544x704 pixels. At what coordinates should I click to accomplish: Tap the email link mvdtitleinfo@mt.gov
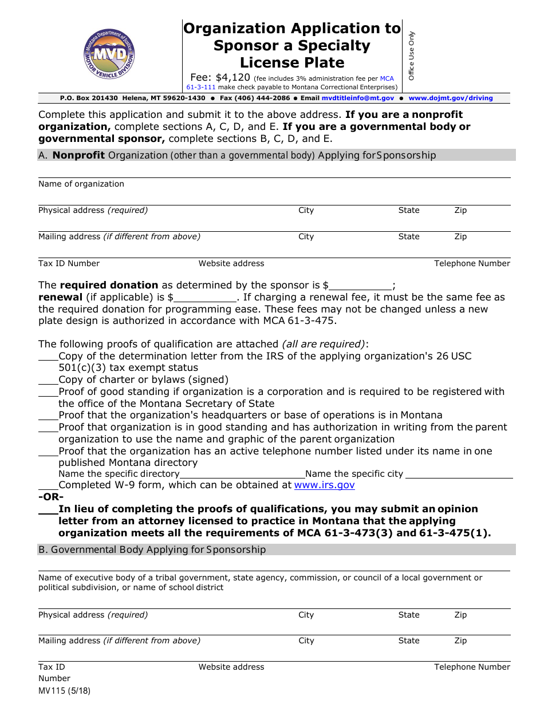coord(350,98)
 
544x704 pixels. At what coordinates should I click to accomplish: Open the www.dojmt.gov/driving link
coord(451,98)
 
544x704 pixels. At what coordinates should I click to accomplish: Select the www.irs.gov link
coord(324,485)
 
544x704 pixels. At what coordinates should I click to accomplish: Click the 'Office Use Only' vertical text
coord(411,56)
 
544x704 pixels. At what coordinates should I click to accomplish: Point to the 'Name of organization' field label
coord(81,184)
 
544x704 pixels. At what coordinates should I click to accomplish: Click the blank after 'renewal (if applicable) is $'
coord(205,298)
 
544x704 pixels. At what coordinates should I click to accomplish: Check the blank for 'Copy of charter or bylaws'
coord(48,380)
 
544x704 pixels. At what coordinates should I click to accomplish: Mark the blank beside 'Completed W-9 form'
coord(48,485)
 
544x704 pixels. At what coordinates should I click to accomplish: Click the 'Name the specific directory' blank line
coord(242,474)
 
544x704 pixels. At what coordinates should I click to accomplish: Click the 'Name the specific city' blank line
coord(459,474)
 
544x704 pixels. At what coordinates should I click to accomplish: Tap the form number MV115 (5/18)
coord(64,690)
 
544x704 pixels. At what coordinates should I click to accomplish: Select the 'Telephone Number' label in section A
coord(472,264)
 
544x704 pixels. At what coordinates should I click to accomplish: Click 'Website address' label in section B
coord(231,667)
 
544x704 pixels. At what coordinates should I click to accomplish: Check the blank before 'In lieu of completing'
coord(48,509)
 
